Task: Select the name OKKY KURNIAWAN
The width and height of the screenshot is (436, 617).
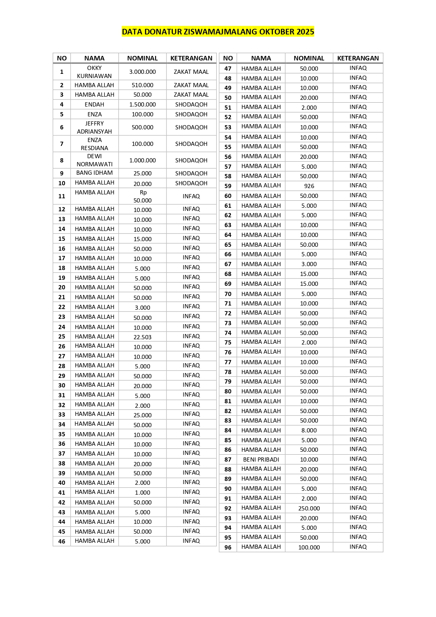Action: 94,72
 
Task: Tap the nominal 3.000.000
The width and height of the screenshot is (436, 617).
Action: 142,72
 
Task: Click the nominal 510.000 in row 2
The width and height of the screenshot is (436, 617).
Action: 142,85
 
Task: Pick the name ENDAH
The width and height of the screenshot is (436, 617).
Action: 94,104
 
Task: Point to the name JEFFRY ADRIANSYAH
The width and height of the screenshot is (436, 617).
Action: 94,127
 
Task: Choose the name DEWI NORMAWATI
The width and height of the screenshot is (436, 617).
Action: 94,160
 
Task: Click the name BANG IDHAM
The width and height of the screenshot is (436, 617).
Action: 94,173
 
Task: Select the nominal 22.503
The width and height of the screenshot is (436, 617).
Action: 142,337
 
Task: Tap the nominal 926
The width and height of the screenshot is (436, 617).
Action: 309,186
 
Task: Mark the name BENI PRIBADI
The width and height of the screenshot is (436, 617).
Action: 261,459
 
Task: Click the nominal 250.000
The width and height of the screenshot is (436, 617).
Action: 309,508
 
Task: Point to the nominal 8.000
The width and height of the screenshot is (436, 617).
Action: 309,430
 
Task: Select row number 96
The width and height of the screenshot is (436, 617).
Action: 228,547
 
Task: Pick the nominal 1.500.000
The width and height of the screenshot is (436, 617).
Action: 142,104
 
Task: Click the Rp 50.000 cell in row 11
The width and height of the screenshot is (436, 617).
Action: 142,197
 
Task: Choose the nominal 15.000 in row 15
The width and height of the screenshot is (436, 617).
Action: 142,239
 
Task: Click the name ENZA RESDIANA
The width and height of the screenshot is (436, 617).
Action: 94,144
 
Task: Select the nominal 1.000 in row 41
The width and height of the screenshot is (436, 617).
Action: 142,493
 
